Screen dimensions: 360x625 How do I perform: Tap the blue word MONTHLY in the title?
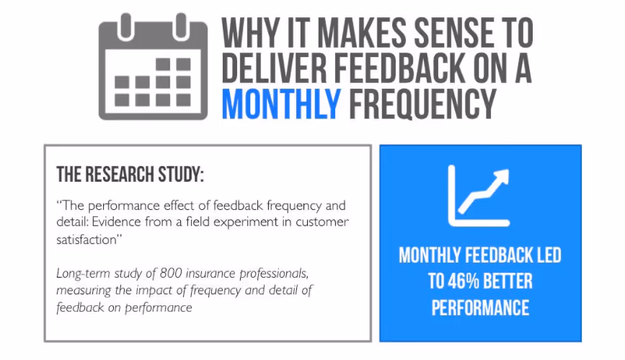pos(281,104)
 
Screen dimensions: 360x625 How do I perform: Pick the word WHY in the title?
pos(247,32)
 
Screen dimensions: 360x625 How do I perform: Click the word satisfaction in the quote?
pos(87,240)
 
